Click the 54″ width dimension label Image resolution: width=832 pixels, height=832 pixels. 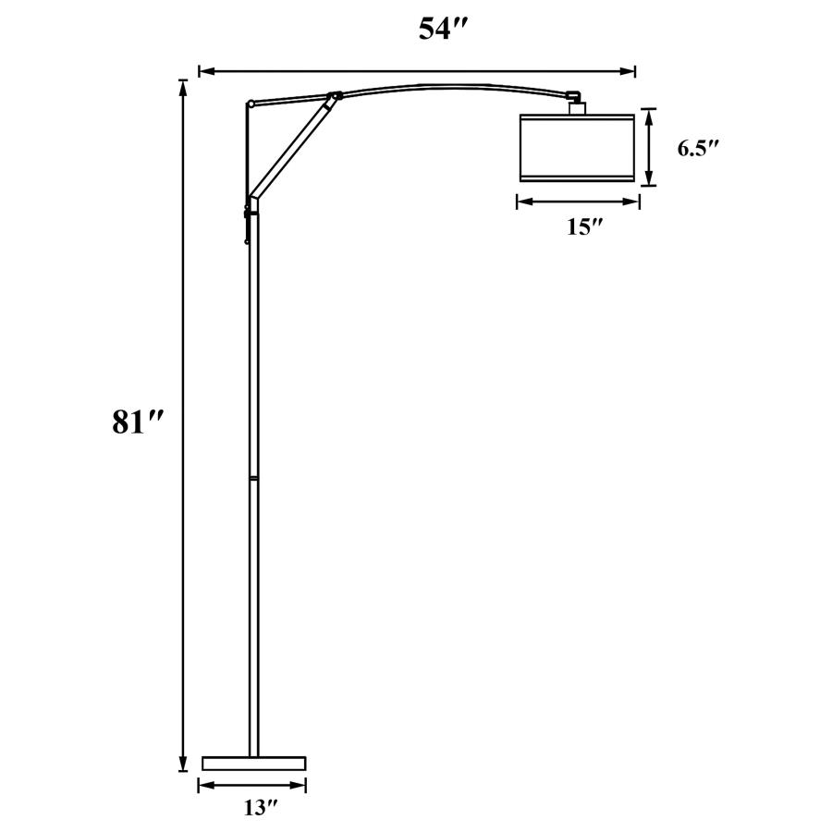(449, 30)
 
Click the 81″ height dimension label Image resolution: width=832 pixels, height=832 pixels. (138, 422)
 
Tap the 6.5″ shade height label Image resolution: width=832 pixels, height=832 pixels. (698, 148)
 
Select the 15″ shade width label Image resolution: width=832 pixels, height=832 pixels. (584, 227)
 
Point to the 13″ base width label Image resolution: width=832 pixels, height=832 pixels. (261, 808)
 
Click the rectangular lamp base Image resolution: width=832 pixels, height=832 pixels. (253, 763)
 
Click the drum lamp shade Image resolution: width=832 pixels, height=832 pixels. (578, 147)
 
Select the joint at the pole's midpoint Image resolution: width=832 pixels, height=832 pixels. (253, 478)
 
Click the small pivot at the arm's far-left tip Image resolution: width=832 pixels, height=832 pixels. (250, 104)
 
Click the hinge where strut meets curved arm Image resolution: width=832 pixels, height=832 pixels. (335, 94)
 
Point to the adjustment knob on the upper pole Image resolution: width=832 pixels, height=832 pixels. (248, 214)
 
